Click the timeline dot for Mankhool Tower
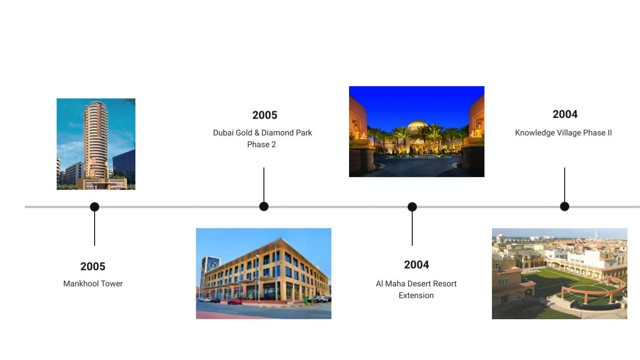[x=95, y=207]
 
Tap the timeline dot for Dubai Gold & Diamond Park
[x=264, y=206]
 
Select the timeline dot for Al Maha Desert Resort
[x=412, y=207]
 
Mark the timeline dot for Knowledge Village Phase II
[x=565, y=206]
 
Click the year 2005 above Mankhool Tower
[x=93, y=267]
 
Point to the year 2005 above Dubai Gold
[x=265, y=115]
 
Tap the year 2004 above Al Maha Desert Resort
[x=417, y=265]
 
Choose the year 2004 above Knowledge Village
[x=565, y=114]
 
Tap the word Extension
[x=416, y=295]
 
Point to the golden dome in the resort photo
[x=417, y=125]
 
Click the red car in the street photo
[x=235, y=301]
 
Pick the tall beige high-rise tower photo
[x=96, y=144]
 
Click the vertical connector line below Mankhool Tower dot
[x=95, y=228]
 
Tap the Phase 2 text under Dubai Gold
[x=261, y=145]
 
